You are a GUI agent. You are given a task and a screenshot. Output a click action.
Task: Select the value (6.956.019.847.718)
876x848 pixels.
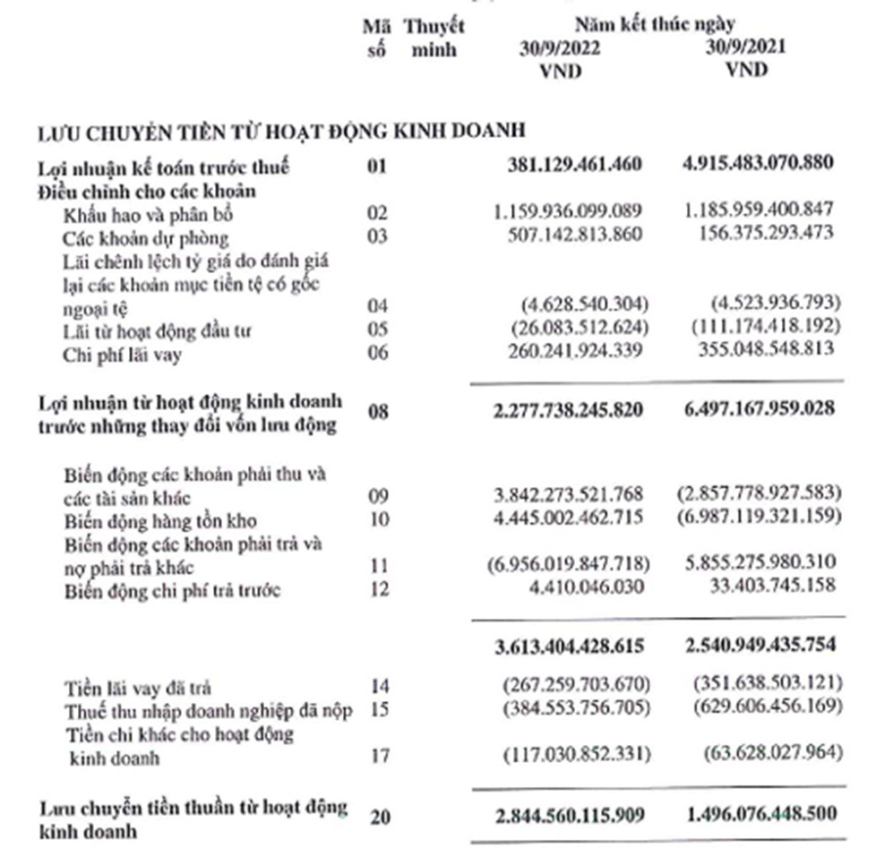point(571,566)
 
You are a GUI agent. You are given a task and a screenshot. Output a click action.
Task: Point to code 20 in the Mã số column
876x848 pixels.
point(379,814)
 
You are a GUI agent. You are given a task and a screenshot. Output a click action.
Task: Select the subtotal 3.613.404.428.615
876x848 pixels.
point(570,644)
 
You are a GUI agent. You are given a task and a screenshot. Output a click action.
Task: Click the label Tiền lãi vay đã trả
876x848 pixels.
point(138,688)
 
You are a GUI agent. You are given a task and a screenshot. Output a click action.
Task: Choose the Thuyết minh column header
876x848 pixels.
point(434,39)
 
